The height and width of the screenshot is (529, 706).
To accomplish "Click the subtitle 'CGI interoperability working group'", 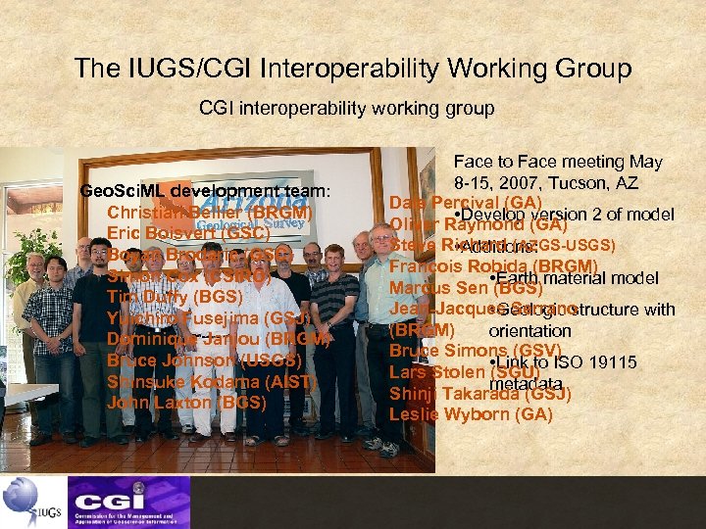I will pos(347,108).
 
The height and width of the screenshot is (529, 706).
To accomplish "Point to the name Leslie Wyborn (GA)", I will pos(471,413).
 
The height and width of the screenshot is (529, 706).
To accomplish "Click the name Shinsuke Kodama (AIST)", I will pos(209,381).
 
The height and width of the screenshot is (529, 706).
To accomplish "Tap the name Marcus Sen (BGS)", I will pos(460,288).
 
